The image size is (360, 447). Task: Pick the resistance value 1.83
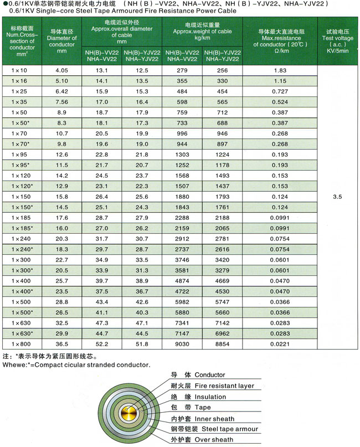[x=280, y=70]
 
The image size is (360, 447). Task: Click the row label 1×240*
[x=23, y=249]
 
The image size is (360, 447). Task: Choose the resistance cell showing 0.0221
[x=280, y=344]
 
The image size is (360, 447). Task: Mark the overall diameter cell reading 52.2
[x=101, y=344]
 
